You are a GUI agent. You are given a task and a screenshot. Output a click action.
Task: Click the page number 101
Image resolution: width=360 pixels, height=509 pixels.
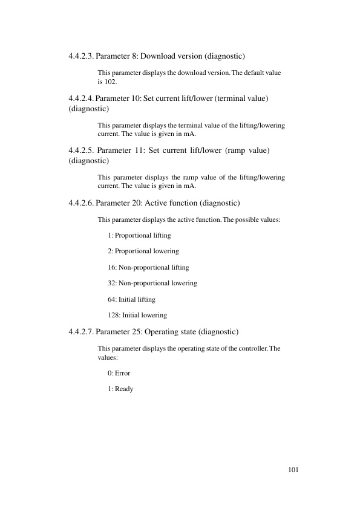click(x=294, y=470)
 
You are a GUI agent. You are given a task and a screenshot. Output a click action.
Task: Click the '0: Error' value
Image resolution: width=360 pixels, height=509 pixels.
click(x=119, y=373)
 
